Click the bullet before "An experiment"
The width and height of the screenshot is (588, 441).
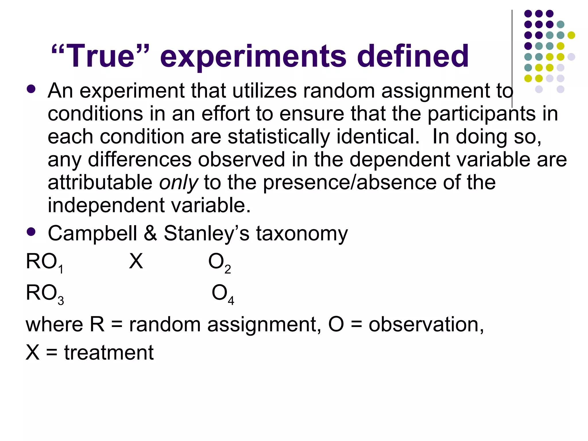tap(31, 89)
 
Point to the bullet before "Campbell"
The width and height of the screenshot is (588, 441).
tap(31, 231)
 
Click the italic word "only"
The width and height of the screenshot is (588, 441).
tap(178, 183)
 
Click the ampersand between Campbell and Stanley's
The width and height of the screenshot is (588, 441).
tap(150, 233)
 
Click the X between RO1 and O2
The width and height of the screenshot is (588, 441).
tap(136, 262)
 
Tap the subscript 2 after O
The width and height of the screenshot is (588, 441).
tap(228, 270)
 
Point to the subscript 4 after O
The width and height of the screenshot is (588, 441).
tap(231, 301)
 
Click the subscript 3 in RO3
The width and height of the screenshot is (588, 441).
tap(61, 301)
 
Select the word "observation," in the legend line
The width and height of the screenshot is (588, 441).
tap(426, 325)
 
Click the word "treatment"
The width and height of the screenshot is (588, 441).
tap(109, 353)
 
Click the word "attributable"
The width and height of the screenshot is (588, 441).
tap(100, 183)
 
